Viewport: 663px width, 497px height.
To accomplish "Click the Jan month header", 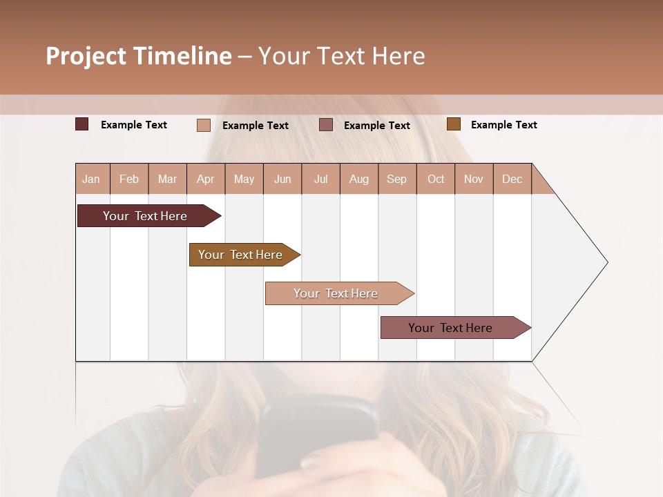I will point(92,179).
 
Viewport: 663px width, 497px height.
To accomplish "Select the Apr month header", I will point(206,179).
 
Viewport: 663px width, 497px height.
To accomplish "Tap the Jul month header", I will point(320,179).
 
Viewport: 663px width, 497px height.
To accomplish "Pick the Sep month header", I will point(397,179).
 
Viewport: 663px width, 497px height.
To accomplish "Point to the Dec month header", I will point(512,179).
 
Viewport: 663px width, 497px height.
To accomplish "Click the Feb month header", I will point(129,179).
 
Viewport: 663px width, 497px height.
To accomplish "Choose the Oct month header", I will point(436,179).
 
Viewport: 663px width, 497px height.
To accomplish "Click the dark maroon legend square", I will point(82,124).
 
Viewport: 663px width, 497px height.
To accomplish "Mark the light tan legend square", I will point(204,125).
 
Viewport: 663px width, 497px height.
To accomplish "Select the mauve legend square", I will point(326,125).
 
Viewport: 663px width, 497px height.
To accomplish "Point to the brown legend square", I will point(454,124).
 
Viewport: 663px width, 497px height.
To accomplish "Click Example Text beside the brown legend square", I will point(503,125).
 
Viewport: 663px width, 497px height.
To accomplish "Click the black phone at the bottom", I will point(318,428).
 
